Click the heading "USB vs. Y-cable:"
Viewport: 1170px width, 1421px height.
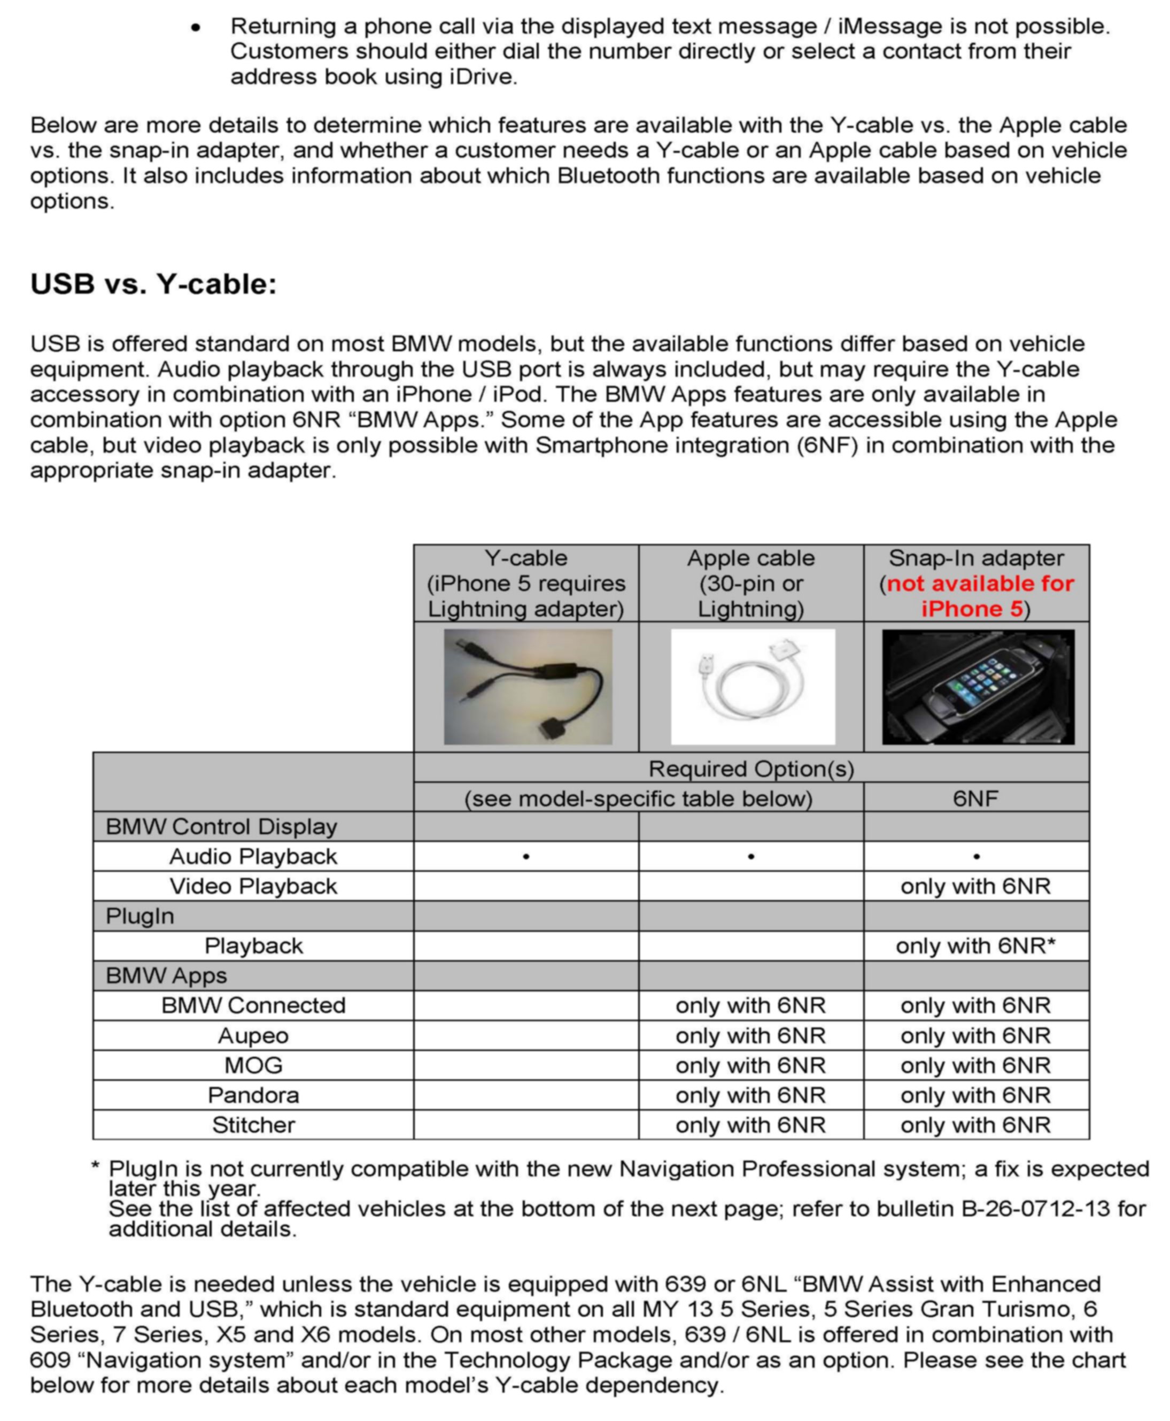click(153, 284)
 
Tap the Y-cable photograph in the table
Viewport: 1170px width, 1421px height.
click(528, 687)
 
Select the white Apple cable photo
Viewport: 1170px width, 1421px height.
click(752, 687)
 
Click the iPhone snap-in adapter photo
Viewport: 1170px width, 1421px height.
click(978, 687)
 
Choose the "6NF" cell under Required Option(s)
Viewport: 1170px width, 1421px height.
click(975, 798)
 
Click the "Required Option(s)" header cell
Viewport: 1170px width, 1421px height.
click(751, 769)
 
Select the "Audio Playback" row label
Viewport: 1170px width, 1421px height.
click(253, 857)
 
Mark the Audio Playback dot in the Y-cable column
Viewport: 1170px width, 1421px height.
click(526, 857)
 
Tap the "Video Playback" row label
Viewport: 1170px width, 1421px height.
click(253, 886)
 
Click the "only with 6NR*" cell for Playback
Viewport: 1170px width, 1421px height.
click(975, 946)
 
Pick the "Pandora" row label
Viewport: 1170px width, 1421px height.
click(253, 1095)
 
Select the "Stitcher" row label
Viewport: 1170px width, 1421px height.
click(253, 1125)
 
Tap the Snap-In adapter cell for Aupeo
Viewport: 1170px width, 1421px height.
click(975, 1036)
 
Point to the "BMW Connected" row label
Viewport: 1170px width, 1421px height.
click(253, 1005)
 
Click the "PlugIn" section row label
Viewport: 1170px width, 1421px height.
click(140, 917)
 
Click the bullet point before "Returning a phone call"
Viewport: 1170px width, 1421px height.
click(196, 28)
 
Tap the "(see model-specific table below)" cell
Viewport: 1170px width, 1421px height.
click(638, 798)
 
